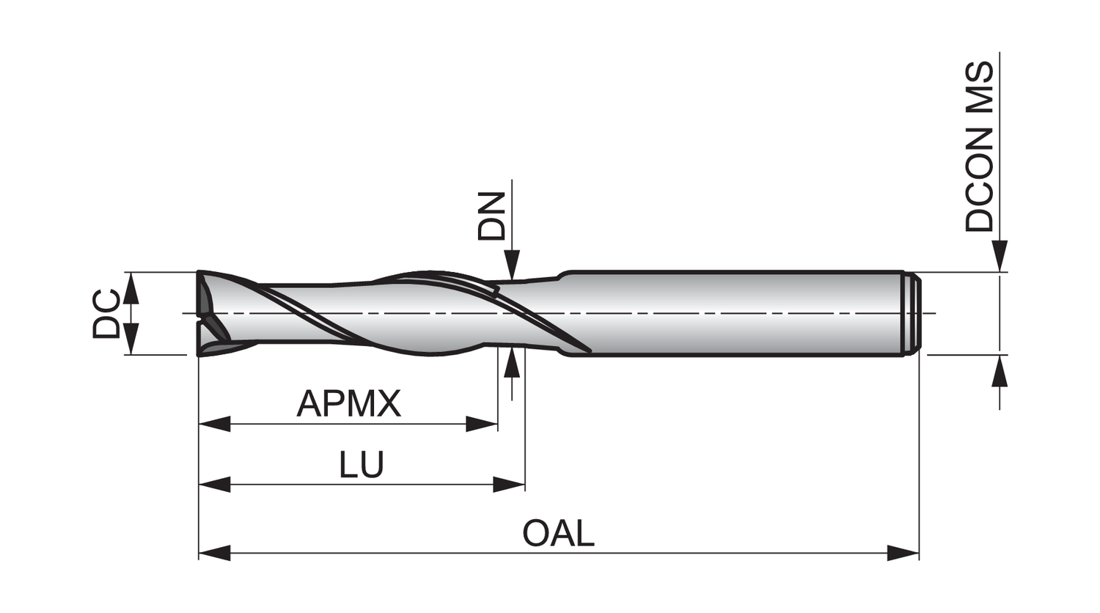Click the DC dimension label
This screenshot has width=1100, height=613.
(107, 314)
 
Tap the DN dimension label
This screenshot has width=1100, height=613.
(492, 216)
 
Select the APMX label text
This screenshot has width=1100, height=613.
(349, 403)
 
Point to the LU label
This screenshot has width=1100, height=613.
(362, 465)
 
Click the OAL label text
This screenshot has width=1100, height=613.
(558, 533)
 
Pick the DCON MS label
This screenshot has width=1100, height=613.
(980, 147)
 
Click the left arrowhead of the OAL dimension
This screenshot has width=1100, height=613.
(214, 553)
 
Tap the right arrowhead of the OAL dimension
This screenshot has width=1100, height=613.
(903, 553)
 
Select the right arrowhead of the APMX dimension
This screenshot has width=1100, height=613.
(482, 424)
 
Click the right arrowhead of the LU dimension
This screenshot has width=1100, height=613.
(509, 485)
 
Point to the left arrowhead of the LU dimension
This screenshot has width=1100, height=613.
(214, 485)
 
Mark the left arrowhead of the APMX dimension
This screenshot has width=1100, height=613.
(214, 424)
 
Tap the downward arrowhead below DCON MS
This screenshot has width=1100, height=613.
(999, 257)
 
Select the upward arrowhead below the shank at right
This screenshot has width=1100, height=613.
(999, 371)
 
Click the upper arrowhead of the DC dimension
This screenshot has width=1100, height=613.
(131, 287)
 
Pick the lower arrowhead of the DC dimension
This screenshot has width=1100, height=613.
(131, 340)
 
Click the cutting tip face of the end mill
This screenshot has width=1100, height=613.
(205, 314)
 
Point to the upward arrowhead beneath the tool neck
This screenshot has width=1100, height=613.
(512, 364)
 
